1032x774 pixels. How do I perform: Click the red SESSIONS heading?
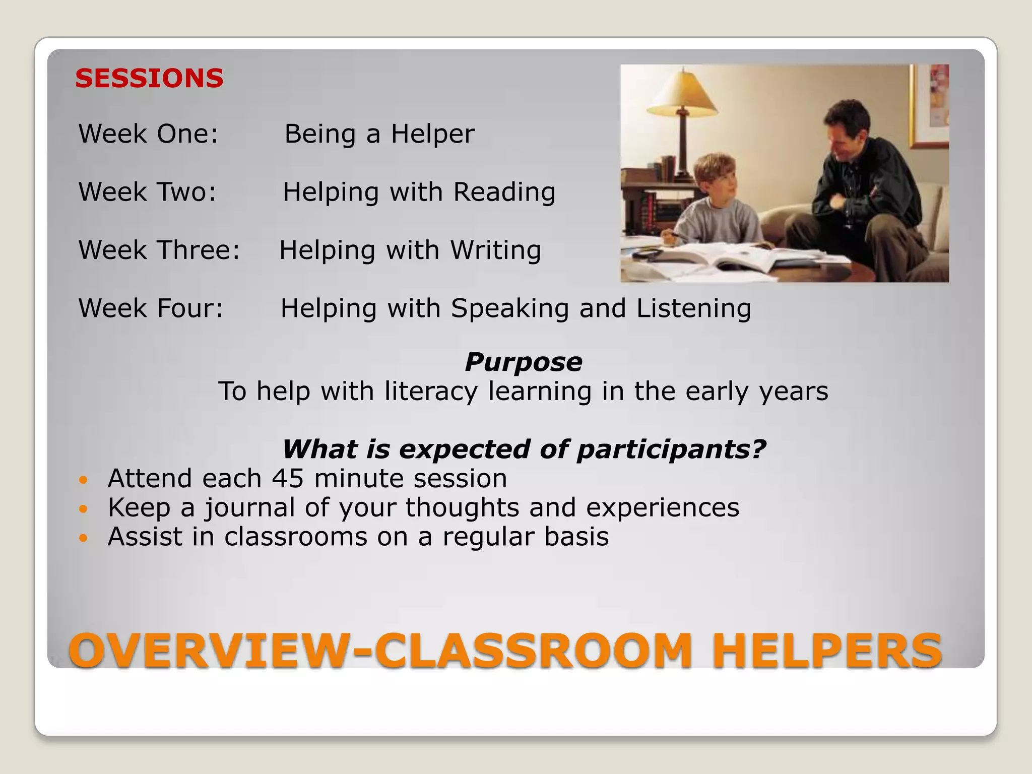click(x=149, y=79)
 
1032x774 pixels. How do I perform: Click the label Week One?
click(x=148, y=134)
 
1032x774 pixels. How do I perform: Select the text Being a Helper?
click(x=379, y=134)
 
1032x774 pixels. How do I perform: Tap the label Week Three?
click(x=159, y=250)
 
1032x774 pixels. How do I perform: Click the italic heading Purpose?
click(x=523, y=362)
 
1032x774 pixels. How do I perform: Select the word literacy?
click(x=431, y=392)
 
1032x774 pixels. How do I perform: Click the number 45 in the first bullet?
click(x=289, y=479)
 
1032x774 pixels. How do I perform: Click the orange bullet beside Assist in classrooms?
click(x=84, y=538)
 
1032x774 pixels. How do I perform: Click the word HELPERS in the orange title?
click(x=826, y=651)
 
